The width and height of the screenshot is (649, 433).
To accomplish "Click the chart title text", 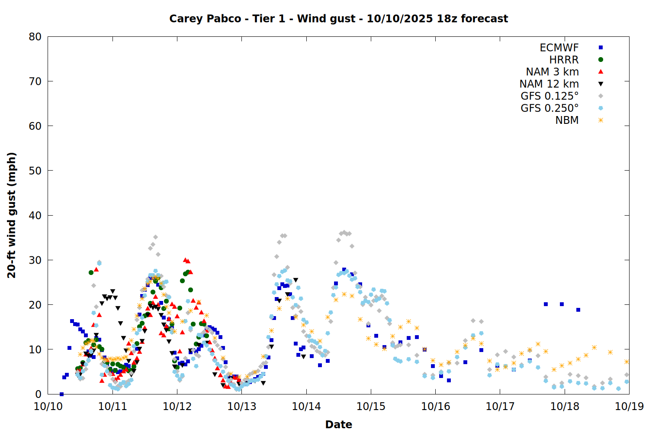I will tap(338, 19).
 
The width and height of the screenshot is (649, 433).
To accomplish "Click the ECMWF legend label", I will tap(559, 48).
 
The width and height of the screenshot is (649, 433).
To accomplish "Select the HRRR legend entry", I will tap(564, 60).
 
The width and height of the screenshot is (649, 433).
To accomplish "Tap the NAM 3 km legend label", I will tap(552, 72).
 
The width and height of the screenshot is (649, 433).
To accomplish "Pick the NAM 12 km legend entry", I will tap(549, 84).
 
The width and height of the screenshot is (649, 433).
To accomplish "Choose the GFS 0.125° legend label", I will tap(549, 96).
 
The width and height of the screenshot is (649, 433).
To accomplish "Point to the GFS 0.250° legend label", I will tap(549, 108).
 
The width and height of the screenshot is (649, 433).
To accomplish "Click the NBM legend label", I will tap(567, 120).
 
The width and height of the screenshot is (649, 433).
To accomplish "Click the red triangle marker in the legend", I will tap(601, 71).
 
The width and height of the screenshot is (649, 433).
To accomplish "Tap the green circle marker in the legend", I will tap(601, 60).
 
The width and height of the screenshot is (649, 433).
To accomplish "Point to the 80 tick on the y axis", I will tap(35, 37).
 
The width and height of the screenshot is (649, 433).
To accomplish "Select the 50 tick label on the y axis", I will tap(35, 171).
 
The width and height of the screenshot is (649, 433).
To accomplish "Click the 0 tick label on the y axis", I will tap(39, 394).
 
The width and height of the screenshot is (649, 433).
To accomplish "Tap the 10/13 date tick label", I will tap(242, 407).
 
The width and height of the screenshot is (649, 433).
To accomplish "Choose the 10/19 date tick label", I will tap(629, 407).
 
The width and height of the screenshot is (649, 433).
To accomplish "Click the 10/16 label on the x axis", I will tap(436, 407).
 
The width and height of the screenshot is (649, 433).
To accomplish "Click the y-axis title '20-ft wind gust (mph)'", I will tap(12, 215).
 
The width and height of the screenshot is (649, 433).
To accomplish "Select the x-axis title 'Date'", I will tap(338, 424).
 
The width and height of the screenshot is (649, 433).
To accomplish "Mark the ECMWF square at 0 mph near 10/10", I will tap(61, 394).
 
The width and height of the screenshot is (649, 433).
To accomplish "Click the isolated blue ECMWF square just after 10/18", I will tap(578, 310).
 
